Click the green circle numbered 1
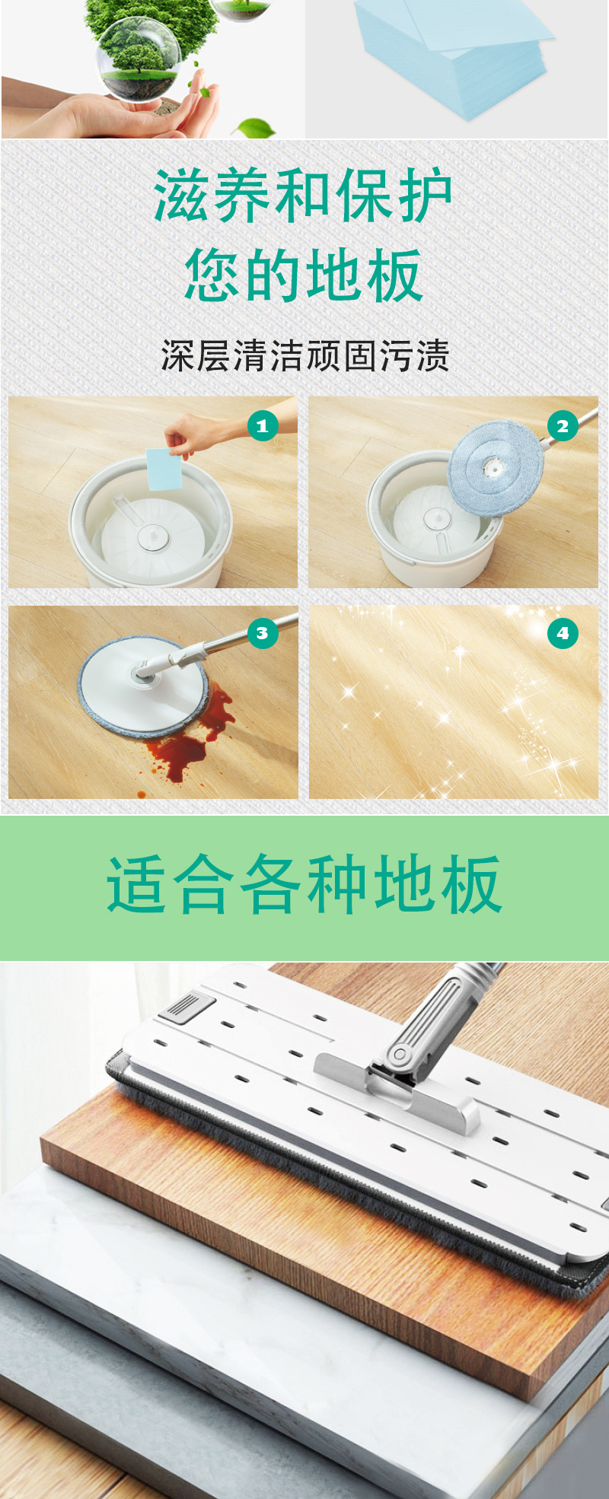(263, 426)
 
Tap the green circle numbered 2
(563, 426)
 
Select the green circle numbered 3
(263, 633)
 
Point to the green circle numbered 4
(563, 633)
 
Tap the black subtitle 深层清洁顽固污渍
(304, 356)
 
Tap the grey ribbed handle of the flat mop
(442, 1004)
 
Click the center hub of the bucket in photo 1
(149, 538)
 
